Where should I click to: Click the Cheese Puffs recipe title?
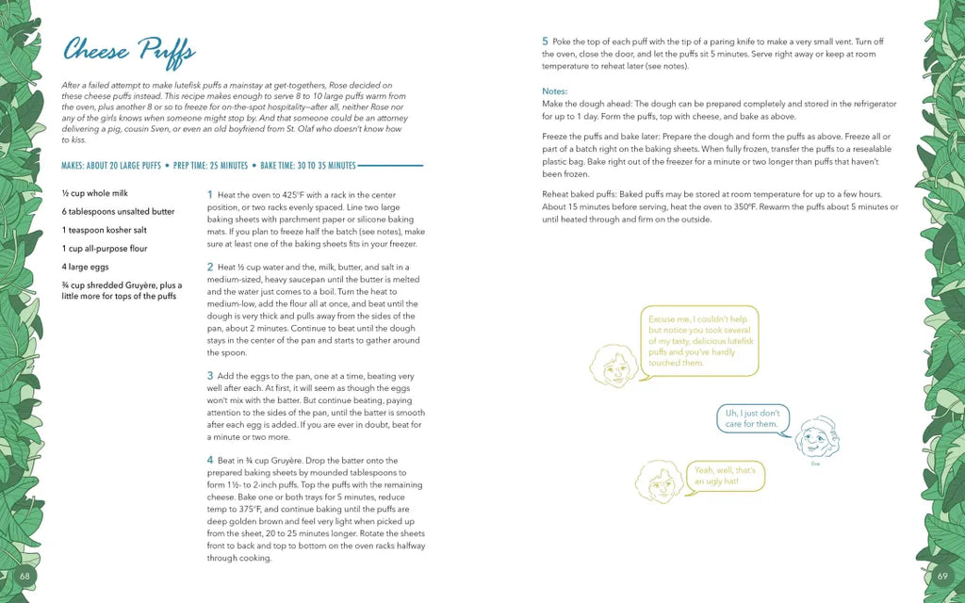pos(128,50)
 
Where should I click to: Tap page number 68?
pos(25,575)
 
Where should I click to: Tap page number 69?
pos(940,575)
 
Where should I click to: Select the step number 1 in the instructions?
pos(209,195)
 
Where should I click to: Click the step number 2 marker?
pos(210,268)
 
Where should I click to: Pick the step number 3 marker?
pos(210,376)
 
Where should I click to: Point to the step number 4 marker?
pos(210,460)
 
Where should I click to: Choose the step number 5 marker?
pos(545,41)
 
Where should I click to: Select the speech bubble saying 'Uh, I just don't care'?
pos(752,418)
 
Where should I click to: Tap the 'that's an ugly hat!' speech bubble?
pos(725,475)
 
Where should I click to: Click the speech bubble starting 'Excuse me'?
pos(697,340)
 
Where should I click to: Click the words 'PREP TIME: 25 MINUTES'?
pos(211,167)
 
